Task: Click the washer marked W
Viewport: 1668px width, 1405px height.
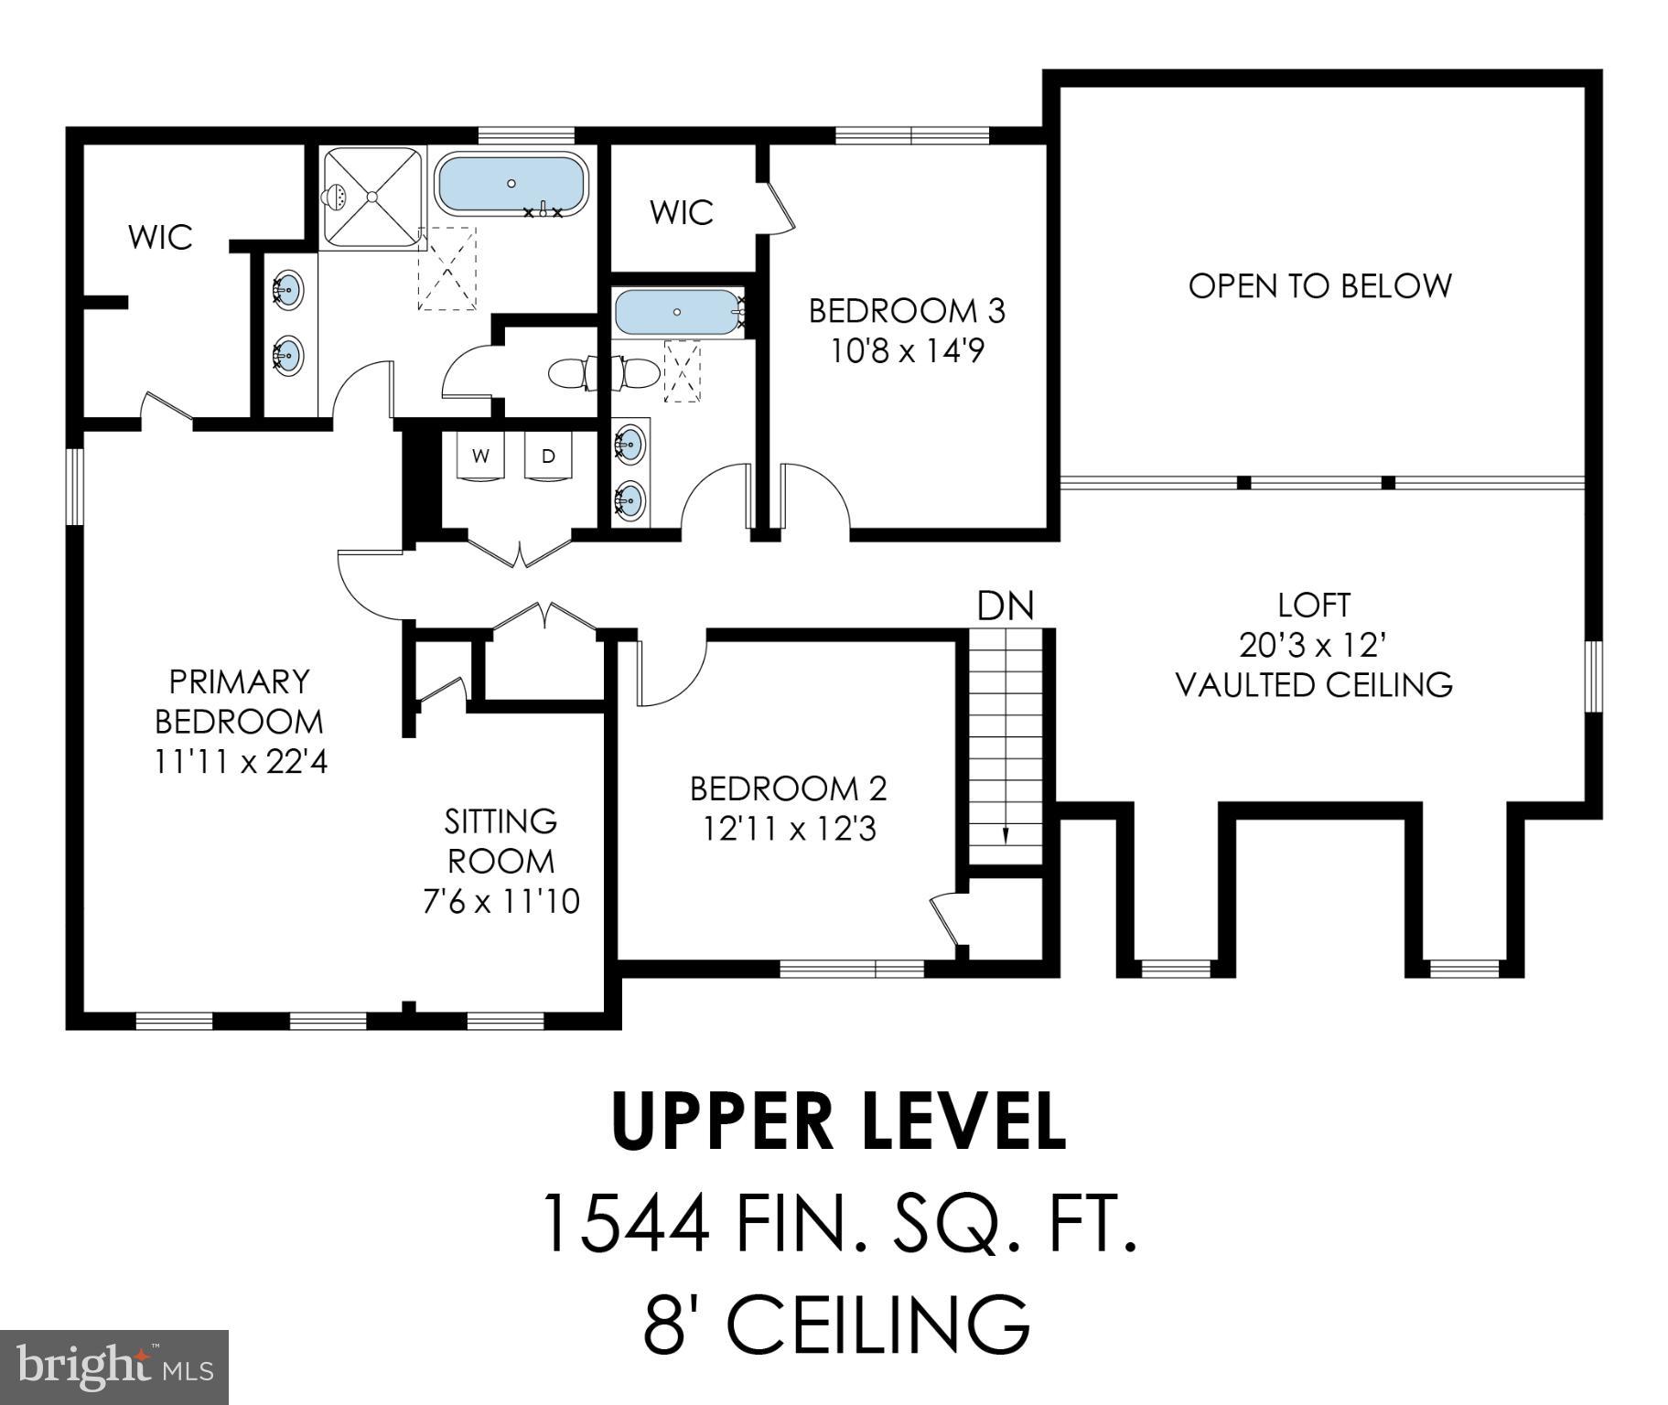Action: pyautogui.click(x=480, y=456)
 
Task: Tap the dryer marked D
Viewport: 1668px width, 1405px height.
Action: pyautogui.click(x=548, y=456)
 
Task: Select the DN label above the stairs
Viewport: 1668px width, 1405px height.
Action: pyautogui.click(x=1006, y=606)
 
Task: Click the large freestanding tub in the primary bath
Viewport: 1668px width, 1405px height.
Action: pyautogui.click(x=511, y=185)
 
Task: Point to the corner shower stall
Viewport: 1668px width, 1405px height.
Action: pyautogui.click(x=372, y=197)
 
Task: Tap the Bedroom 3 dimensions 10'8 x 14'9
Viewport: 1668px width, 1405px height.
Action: pyautogui.click(x=907, y=351)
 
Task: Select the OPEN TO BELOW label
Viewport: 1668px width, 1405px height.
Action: pyautogui.click(x=1319, y=286)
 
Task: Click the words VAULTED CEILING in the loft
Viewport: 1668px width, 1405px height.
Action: pyautogui.click(x=1314, y=685)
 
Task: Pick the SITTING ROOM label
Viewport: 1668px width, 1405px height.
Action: pyautogui.click(x=500, y=841)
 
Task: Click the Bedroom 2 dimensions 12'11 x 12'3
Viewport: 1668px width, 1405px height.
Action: pyautogui.click(x=790, y=829)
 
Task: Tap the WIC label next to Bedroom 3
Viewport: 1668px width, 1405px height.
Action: pyautogui.click(x=682, y=213)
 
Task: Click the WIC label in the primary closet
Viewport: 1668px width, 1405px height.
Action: pyautogui.click(x=160, y=238)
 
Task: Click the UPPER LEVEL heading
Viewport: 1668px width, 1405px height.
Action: pyautogui.click(x=839, y=1122)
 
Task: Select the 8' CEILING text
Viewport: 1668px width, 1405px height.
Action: pyautogui.click(x=836, y=1324)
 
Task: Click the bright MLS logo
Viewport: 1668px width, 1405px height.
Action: pyautogui.click(x=113, y=1367)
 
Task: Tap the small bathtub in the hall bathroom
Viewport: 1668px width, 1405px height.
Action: pyautogui.click(x=676, y=313)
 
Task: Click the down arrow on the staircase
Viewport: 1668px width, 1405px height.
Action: pyautogui.click(x=1006, y=833)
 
